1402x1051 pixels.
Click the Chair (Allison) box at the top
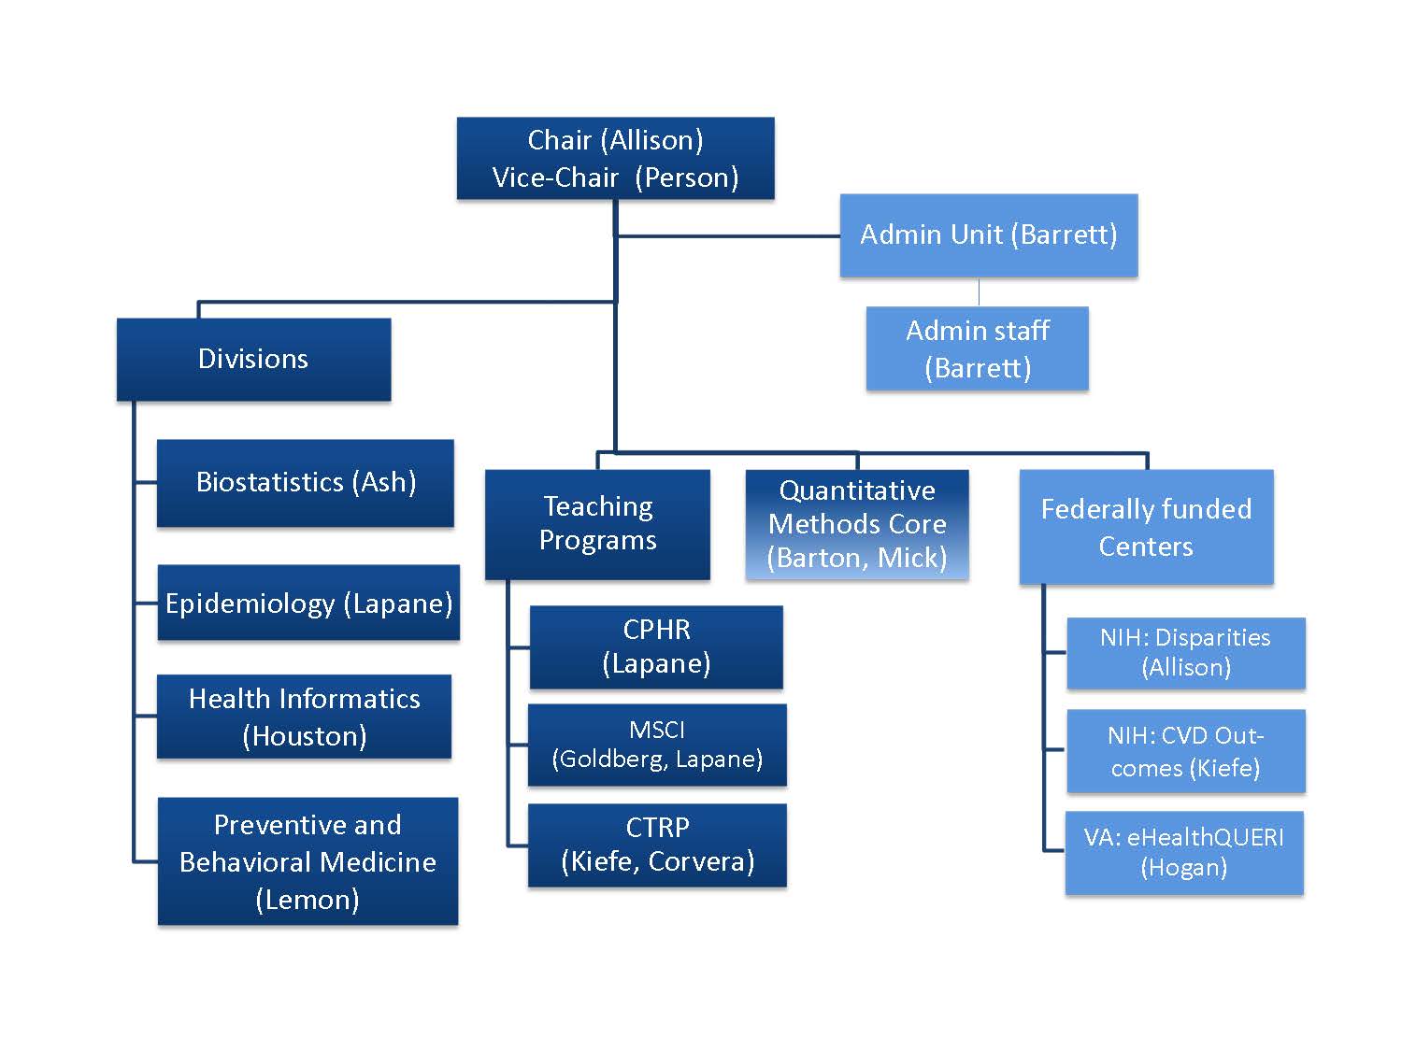click(615, 158)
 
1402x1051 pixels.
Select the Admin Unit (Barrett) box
click(988, 234)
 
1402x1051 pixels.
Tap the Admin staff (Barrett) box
click(977, 348)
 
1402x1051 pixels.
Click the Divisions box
click(253, 359)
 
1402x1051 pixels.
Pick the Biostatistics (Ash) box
click(306, 482)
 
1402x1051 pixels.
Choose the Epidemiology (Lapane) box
click(308, 604)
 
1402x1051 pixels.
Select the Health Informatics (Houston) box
click(304, 717)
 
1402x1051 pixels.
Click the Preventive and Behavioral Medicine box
click(308, 861)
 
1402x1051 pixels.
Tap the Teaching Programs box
click(597, 523)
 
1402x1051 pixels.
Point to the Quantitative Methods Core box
click(857, 524)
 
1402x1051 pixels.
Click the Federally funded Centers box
click(1146, 527)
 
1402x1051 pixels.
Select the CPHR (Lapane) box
click(656, 646)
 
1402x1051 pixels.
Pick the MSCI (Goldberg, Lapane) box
click(657, 745)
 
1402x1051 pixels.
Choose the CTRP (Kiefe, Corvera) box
click(657, 845)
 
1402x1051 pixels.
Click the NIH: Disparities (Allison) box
click(1185, 652)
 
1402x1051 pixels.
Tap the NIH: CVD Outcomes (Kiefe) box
click(1185, 751)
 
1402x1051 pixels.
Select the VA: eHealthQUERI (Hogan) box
click(1183, 852)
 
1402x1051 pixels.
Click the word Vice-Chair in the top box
click(555, 178)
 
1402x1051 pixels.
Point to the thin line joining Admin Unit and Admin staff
click(979, 291)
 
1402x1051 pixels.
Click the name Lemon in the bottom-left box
click(308, 900)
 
